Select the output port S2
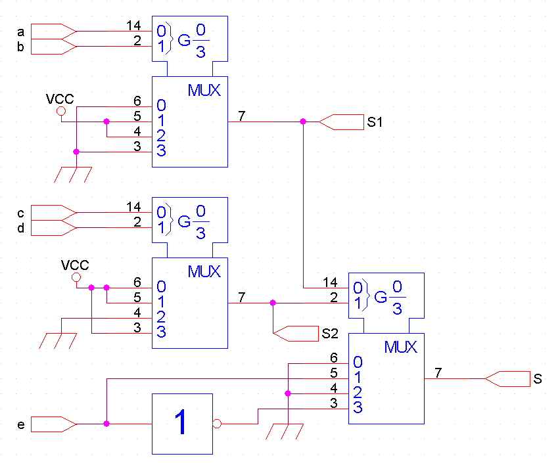coord(295,333)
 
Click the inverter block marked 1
coord(182,424)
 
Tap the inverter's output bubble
coord(217,424)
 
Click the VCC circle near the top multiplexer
coord(62,112)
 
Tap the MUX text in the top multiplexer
coord(204,91)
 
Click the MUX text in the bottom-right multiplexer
coord(400,347)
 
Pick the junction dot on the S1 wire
coord(303,122)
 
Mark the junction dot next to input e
coord(106,424)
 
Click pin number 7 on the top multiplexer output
coord(242,116)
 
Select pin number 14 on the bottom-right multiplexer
coord(330,282)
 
